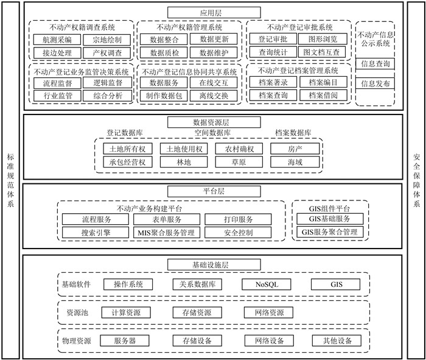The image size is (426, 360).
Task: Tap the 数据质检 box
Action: [164, 52]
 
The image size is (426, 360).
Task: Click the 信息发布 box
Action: [375, 83]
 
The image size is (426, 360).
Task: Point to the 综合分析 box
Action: [108, 96]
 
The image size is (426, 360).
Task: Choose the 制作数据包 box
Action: [164, 96]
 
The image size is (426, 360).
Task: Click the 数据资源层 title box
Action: [212, 122]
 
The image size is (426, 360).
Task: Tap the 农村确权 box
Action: [243, 149]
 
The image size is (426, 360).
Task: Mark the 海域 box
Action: [295, 162]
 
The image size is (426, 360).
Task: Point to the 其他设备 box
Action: [337, 341]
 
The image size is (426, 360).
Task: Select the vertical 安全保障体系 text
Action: [416, 180]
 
